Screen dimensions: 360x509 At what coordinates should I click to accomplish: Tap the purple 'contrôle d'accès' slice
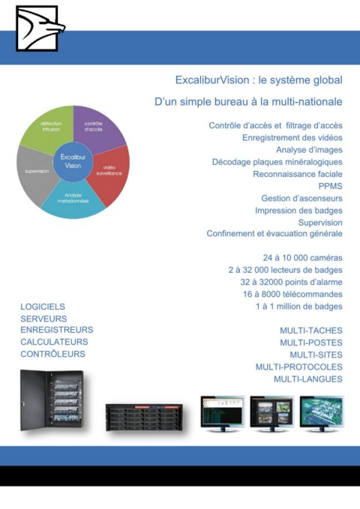pos(97,128)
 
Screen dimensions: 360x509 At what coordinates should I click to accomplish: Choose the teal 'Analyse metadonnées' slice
pos(73,199)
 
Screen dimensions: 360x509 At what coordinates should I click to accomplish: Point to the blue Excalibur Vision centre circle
pos(73,161)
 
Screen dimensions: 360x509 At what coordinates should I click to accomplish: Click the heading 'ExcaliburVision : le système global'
pos(259,80)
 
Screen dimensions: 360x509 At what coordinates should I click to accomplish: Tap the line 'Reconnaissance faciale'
pos(298,174)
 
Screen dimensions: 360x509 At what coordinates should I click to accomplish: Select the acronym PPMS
pos(331,186)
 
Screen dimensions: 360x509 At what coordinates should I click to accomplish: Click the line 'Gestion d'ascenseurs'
pos(301,198)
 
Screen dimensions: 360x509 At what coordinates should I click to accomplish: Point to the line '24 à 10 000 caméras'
pos(302,258)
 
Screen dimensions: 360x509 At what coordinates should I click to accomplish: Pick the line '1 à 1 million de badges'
pos(299,307)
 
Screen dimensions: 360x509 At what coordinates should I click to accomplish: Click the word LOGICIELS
pos(43,307)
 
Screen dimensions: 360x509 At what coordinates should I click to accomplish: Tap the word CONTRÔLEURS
pos(52,354)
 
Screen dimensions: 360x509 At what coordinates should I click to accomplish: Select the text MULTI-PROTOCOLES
pos(299,367)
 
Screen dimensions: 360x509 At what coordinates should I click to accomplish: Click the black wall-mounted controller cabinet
pos(52,400)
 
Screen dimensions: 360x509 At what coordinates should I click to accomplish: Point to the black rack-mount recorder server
pos(144,418)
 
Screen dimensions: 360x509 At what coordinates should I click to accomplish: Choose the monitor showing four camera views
pos(272,414)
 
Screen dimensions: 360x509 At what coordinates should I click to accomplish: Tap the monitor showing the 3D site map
pos(322,414)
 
